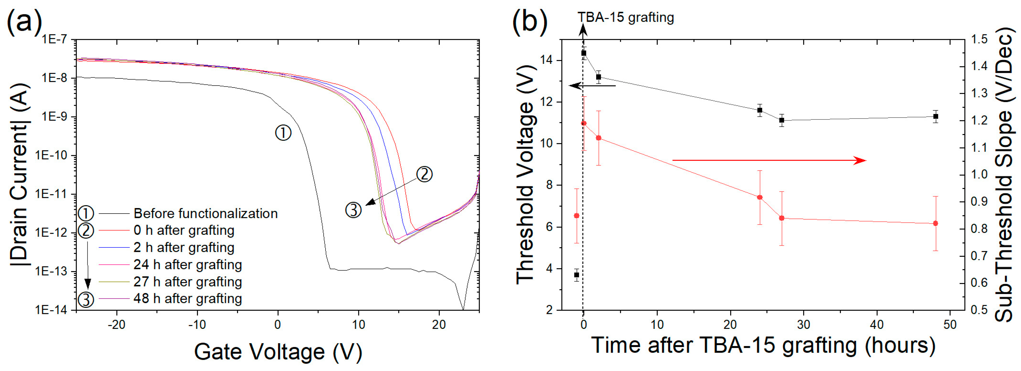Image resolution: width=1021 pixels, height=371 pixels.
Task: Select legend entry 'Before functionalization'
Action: [x=205, y=214]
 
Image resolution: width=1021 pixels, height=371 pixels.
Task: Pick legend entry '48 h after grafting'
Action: [x=188, y=298]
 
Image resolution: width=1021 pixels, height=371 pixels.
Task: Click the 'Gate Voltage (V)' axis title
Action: [x=278, y=351]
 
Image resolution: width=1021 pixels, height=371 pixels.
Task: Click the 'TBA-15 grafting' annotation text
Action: [x=626, y=17]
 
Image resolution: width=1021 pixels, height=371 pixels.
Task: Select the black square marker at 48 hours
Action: [x=936, y=116]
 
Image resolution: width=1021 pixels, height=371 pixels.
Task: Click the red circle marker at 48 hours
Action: [x=936, y=223]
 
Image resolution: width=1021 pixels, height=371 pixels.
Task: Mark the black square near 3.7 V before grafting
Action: [x=577, y=275]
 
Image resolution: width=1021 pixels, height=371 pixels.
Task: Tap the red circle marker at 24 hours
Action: [x=760, y=197]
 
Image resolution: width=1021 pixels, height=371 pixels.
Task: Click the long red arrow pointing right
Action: [x=769, y=160]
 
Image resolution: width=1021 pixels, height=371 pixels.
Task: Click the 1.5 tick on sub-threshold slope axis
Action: [x=979, y=39]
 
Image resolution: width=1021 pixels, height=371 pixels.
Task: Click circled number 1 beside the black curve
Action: [x=283, y=133]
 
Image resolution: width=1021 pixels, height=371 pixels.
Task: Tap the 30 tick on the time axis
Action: [x=803, y=324]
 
